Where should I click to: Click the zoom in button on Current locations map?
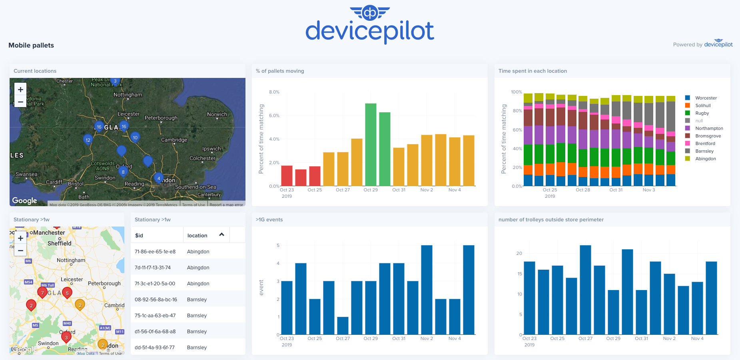[20, 90]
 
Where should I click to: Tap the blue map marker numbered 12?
[88, 139]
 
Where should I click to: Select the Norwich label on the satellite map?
[217, 114]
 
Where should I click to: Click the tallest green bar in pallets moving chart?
[371, 145]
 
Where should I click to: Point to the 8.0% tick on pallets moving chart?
[274, 92]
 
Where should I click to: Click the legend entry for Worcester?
[706, 98]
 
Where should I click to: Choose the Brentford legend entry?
[705, 143]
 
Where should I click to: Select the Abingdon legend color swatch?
[688, 159]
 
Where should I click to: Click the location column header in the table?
[197, 235]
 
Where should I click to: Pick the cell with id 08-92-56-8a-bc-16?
[156, 299]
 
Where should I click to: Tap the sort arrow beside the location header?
[222, 235]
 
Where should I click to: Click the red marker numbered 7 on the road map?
[42, 292]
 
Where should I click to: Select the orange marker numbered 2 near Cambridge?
[80, 304]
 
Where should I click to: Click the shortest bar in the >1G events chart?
[343, 326]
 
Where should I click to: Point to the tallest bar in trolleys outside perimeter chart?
[585, 290]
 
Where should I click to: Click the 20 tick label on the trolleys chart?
[519, 253]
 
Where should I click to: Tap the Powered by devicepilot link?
[702, 44]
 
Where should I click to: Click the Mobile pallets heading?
[31, 45]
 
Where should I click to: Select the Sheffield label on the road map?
[60, 243]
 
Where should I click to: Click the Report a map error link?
[226, 205]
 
